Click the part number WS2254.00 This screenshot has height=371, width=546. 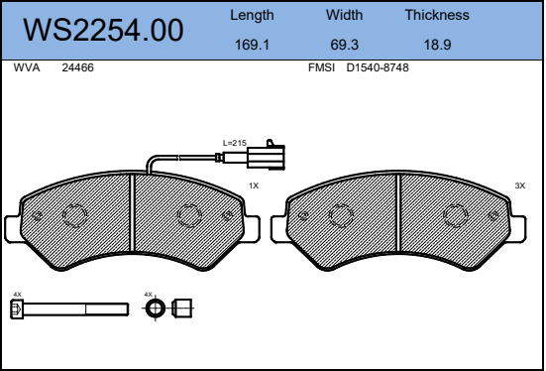click(103, 31)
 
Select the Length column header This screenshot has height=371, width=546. click(252, 16)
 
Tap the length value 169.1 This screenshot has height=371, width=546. click(252, 45)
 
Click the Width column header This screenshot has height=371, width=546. click(344, 15)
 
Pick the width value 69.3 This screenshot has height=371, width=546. click(344, 45)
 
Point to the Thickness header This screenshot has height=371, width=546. click(437, 15)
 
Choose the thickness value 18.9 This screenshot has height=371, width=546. click(437, 45)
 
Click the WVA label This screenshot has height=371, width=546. click(27, 67)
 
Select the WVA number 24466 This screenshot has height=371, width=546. click(77, 67)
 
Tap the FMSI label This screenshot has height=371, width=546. click(321, 67)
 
